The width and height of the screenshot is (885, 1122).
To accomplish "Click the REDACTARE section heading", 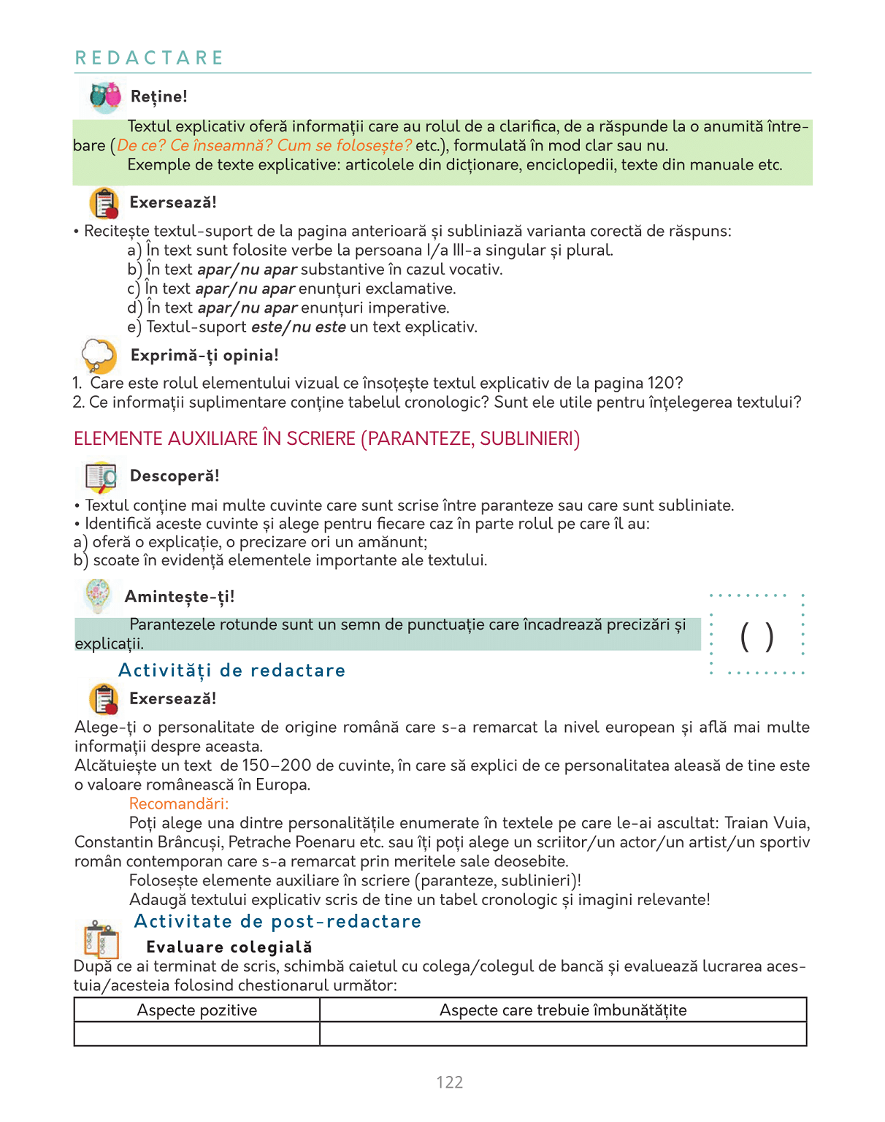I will pos(149,58).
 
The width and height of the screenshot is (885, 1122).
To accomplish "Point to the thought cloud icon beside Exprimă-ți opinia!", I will pos(99,356).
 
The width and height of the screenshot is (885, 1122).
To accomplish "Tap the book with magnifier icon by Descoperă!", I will pos(101,477).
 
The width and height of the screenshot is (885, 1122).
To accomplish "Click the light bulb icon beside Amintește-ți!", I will pos(98,595).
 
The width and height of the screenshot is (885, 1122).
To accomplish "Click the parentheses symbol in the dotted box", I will pos(756,636).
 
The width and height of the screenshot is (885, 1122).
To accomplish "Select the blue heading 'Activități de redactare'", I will pos(231,671).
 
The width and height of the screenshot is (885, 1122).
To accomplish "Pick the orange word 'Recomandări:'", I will pos(179,804).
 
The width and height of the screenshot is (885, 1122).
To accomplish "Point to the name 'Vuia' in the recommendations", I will pos(791,823).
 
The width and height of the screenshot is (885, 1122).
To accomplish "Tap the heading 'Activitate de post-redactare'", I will pos(277,921).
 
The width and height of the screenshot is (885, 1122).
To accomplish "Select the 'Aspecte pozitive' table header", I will pos(197,1010).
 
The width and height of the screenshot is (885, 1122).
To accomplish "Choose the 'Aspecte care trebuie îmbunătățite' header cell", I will pos(563,1010).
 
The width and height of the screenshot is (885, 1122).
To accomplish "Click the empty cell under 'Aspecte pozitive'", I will pos(197,1034).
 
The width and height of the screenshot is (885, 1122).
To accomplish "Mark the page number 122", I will pos(449,1082).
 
